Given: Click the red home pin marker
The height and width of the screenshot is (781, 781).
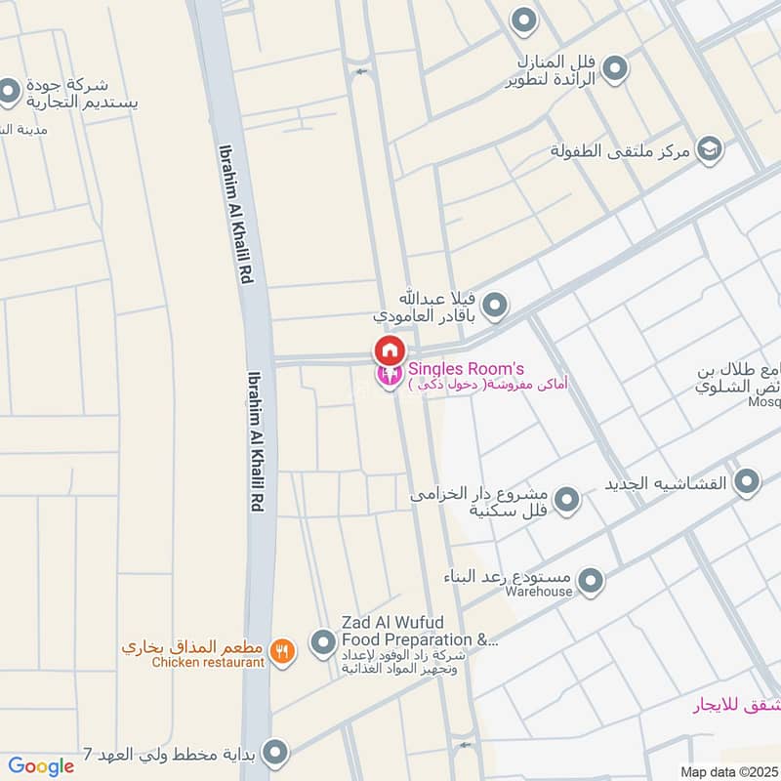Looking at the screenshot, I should click(x=389, y=349).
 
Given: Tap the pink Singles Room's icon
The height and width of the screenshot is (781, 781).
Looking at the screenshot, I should click(x=389, y=375).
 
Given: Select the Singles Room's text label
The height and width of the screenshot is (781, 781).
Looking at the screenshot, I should click(x=467, y=368).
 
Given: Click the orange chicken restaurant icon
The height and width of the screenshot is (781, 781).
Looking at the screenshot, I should click(x=282, y=651).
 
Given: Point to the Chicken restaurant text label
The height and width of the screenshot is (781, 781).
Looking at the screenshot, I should click(x=208, y=663).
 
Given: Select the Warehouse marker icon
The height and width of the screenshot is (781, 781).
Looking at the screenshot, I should click(x=589, y=582).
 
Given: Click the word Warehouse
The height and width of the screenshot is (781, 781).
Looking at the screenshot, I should click(x=539, y=592).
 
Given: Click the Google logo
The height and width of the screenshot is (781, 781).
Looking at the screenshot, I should click(x=41, y=766).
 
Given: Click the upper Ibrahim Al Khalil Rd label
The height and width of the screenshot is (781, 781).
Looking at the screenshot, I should click(x=235, y=216).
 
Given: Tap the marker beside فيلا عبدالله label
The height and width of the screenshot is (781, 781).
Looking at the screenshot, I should click(x=495, y=307).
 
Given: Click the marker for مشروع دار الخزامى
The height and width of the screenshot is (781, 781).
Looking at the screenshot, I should click(x=567, y=500).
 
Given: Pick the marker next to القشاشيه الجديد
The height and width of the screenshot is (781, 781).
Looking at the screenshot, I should click(x=747, y=481).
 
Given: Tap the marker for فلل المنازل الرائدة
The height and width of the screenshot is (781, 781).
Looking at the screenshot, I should click(x=614, y=68).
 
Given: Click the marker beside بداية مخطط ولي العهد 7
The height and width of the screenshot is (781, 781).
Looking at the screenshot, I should click(x=276, y=753).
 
